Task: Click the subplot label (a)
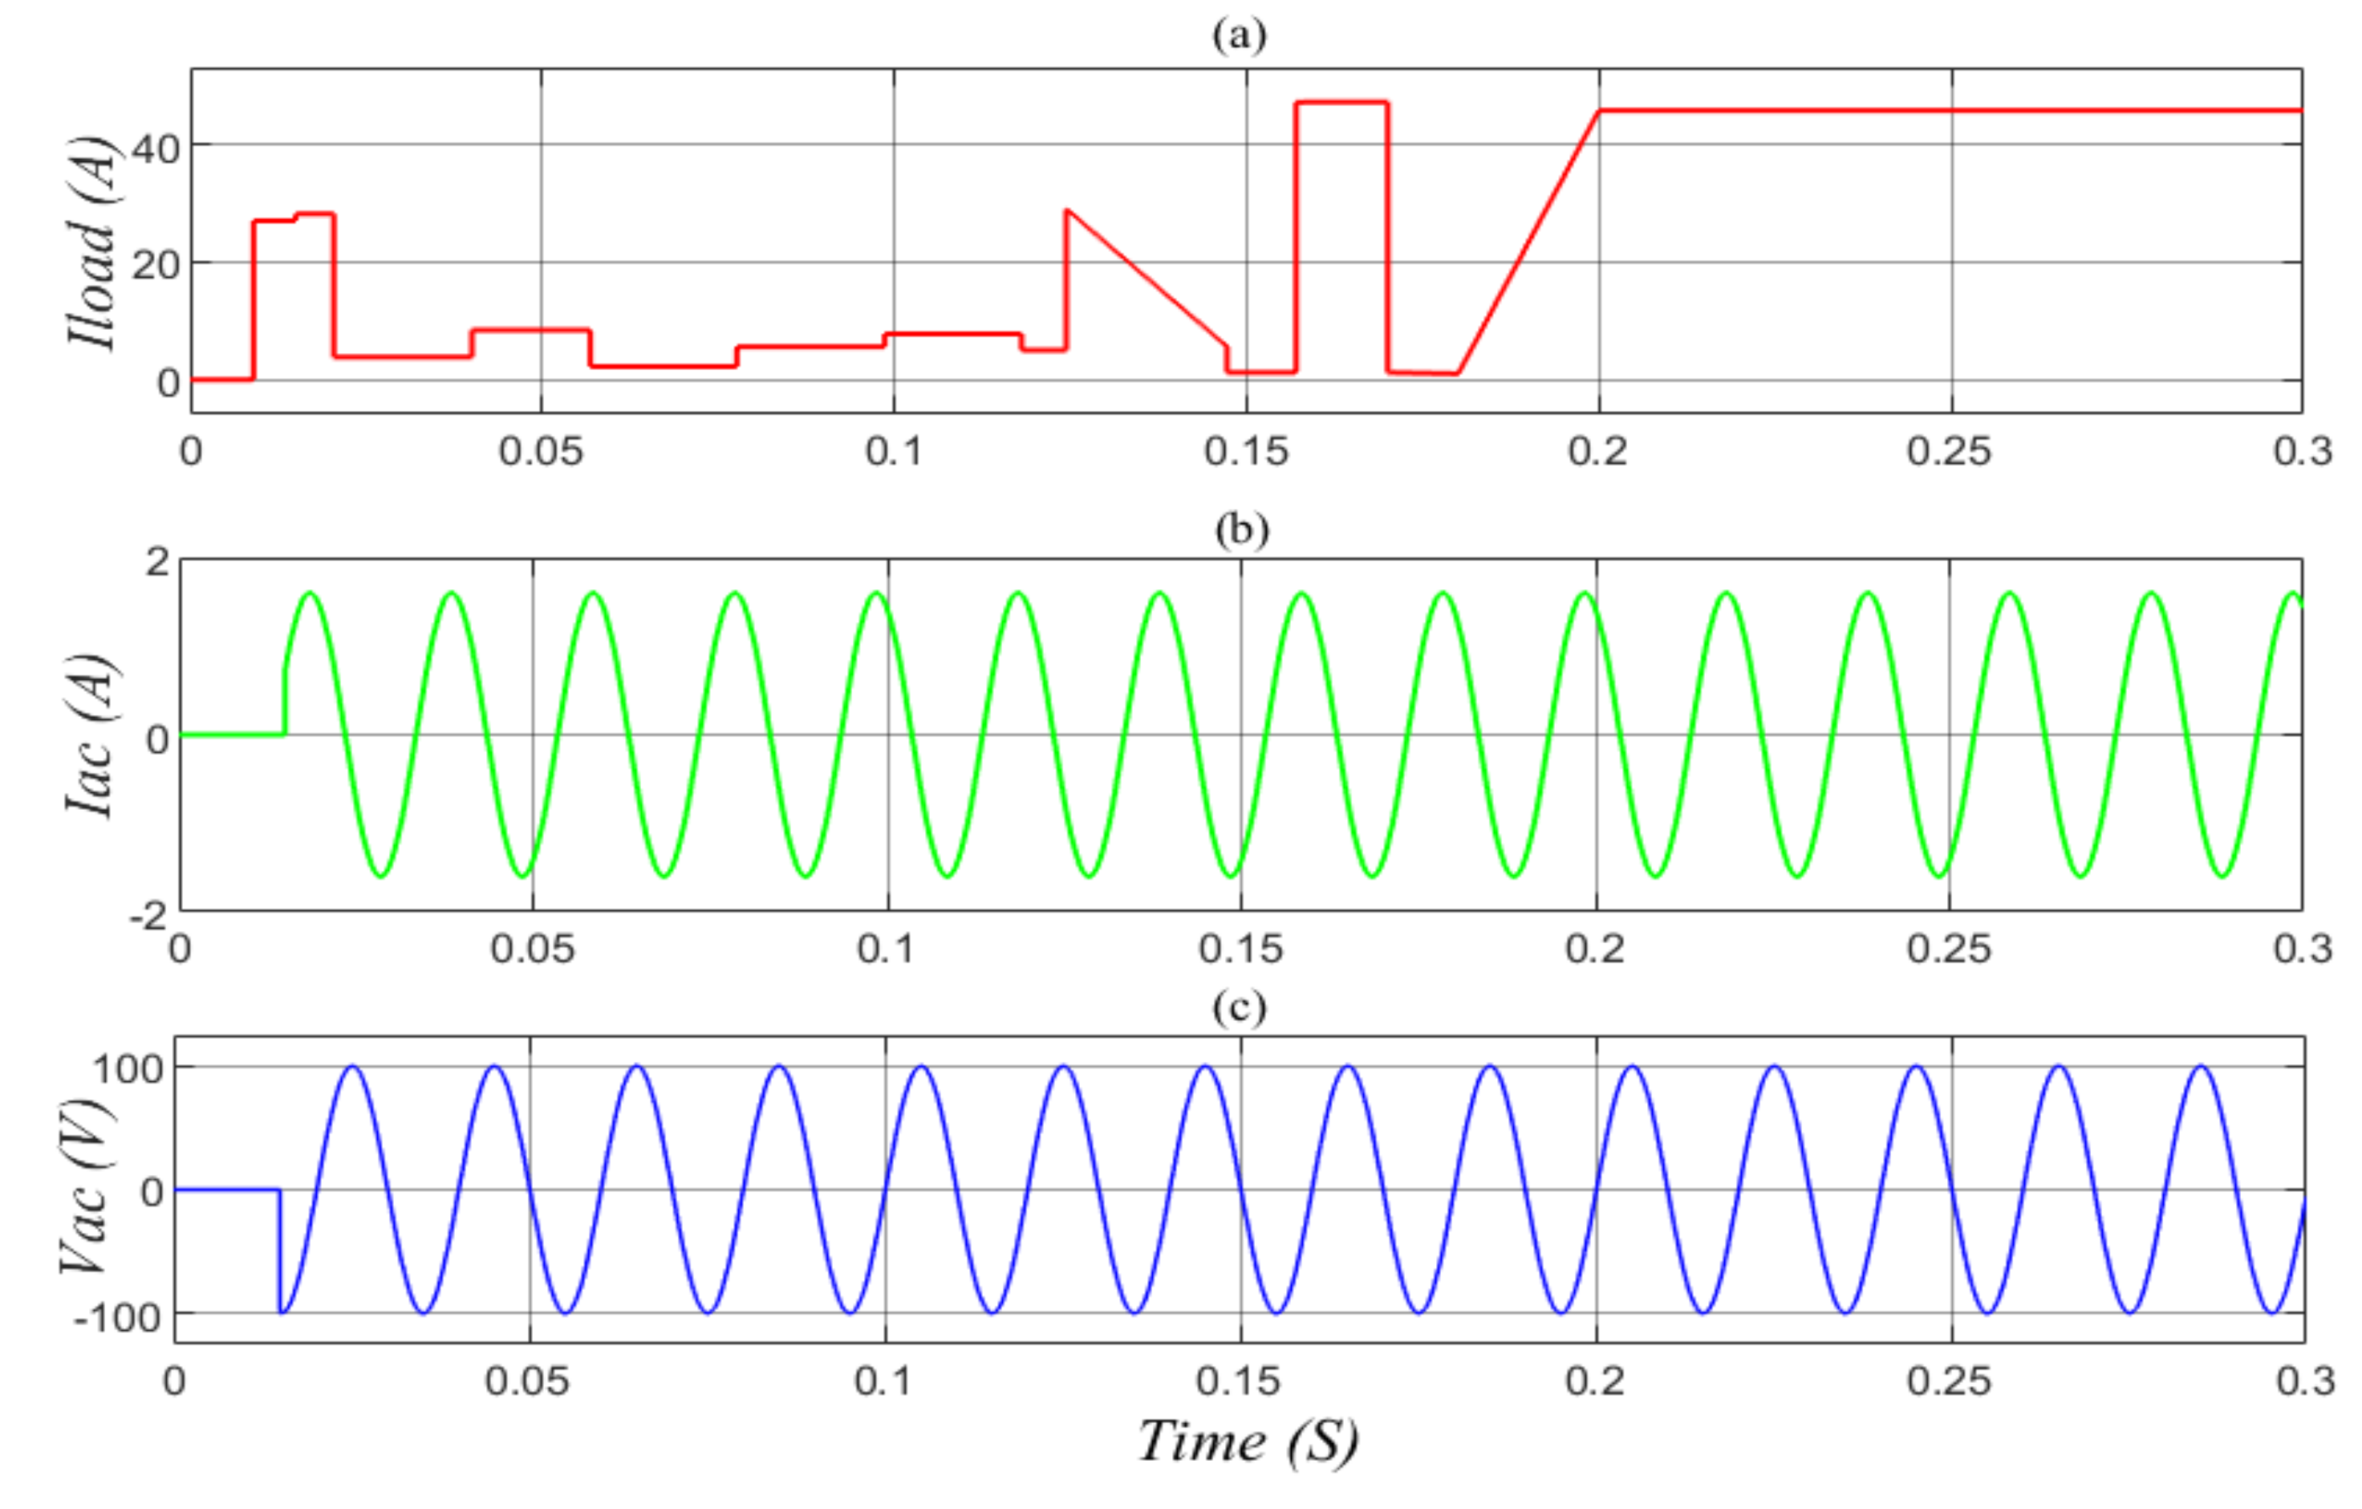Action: pos(1240,36)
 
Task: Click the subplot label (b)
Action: pos(1241,531)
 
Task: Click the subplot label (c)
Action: pos(1240,1007)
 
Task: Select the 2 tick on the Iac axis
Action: pos(157,562)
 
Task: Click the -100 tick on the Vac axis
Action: pos(118,1318)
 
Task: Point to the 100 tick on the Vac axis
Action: pos(128,1068)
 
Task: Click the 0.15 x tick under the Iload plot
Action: pos(1246,453)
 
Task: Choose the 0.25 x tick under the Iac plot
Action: pos(1949,950)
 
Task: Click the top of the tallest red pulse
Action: pos(1341,102)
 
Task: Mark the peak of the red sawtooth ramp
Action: pos(1067,211)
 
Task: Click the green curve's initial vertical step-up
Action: pos(286,702)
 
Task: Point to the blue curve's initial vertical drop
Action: pos(279,1251)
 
